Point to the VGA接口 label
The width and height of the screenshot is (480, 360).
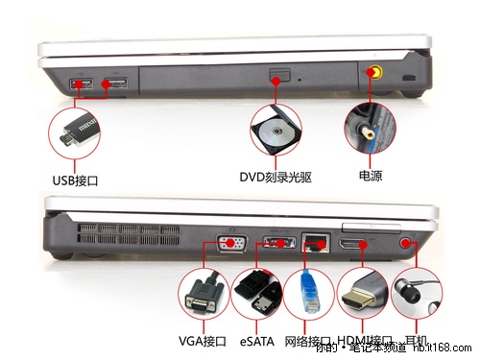tap(202, 341)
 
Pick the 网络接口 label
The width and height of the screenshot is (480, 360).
tap(307, 341)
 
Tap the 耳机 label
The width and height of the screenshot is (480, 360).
tap(417, 341)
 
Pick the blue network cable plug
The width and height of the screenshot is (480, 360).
tap(308, 294)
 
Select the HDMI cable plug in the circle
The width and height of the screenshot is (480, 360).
tap(363, 294)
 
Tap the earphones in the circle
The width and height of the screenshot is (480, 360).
tap(417, 294)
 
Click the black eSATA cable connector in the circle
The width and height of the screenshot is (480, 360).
tap(256, 294)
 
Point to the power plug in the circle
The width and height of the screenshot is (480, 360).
tap(371, 132)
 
